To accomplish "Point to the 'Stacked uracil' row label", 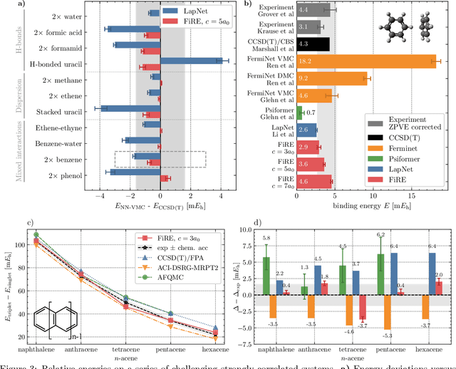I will (61, 111).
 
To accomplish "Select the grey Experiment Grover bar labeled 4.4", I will (313, 9).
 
